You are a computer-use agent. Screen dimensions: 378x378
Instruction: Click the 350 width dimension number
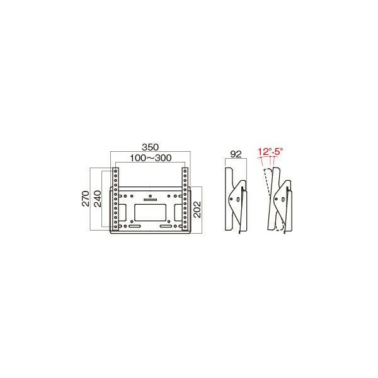tap(150, 147)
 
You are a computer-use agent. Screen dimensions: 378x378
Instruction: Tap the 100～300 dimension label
tap(151, 158)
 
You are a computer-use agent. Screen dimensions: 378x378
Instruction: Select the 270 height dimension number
tap(86, 198)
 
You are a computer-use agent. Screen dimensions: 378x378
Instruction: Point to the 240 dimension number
tap(98, 198)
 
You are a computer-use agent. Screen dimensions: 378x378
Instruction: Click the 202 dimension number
tap(197, 210)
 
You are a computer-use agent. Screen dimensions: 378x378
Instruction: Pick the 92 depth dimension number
tap(236, 154)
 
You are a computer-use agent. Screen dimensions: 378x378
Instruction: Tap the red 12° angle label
tap(265, 152)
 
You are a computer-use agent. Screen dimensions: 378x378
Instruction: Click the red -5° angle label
tap(277, 152)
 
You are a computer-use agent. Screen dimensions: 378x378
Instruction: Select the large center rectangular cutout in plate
tap(150, 212)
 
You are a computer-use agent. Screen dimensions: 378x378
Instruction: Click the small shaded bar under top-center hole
tap(150, 200)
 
